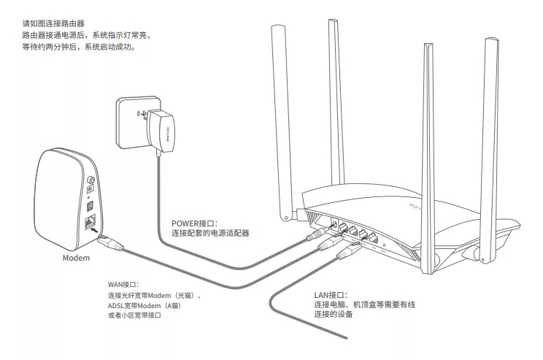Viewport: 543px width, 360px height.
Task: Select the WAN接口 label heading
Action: coord(123,284)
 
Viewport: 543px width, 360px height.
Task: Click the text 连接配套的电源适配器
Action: coord(210,234)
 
